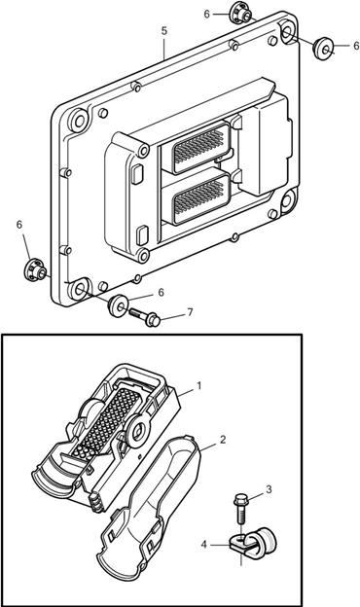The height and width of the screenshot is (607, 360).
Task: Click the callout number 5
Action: (x=164, y=31)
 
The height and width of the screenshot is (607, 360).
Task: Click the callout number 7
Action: (x=190, y=312)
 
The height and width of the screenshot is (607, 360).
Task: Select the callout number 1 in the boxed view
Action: (x=199, y=386)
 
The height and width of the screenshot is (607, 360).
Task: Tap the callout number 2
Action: (x=223, y=440)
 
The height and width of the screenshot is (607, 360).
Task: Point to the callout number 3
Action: (x=269, y=489)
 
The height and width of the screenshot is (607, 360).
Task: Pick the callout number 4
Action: (x=204, y=545)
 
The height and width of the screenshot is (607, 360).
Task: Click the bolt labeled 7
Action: (x=144, y=316)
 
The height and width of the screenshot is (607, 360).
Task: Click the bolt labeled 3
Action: (x=240, y=509)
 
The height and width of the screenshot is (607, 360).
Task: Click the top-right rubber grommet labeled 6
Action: (x=322, y=48)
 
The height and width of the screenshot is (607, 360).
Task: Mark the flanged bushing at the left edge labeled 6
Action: (x=35, y=269)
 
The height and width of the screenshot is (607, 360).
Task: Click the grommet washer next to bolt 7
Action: (x=118, y=305)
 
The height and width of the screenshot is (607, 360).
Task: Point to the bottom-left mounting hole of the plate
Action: (x=80, y=289)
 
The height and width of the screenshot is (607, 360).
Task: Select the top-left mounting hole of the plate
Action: (x=79, y=121)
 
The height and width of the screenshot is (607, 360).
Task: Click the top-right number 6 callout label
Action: (x=356, y=46)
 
